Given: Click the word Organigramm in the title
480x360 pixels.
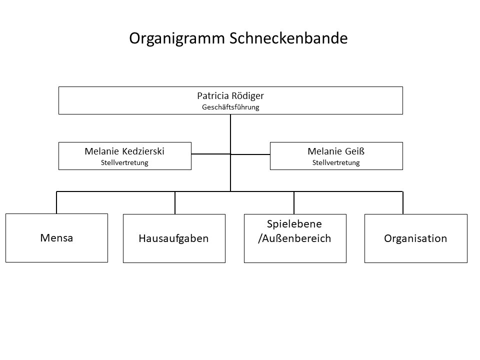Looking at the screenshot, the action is [x=177, y=39].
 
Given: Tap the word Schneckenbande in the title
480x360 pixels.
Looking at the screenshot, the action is [x=288, y=38].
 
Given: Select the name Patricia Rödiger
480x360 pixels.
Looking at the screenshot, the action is [x=230, y=96].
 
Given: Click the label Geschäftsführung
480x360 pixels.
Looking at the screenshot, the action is [x=230, y=107].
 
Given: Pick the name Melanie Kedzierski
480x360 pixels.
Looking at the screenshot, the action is [x=124, y=151].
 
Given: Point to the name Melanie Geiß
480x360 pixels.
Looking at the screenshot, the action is [x=336, y=151].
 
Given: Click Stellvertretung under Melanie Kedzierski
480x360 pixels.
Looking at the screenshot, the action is [x=124, y=162].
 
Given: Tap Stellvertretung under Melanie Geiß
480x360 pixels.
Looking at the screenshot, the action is [x=336, y=162].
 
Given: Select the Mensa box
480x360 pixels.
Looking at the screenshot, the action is [x=56, y=238].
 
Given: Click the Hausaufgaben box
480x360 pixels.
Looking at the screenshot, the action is [x=174, y=238].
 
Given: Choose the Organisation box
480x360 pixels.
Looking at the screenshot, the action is [x=416, y=238].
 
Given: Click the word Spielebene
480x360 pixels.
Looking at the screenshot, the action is [x=294, y=224].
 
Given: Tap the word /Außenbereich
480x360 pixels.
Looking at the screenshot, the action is [x=294, y=238].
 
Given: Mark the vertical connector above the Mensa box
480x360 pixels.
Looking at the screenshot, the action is [x=56, y=202].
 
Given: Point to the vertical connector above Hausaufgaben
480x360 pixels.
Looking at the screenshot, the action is [x=175, y=202].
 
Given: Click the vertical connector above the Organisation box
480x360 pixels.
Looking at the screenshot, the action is [x=403, y=202].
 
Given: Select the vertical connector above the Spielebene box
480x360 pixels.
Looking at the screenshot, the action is [x=294, y=202].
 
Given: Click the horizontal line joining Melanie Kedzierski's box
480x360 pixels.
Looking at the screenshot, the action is [x=211, y=154].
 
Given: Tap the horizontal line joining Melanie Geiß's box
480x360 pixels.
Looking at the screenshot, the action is [x=250, y=154].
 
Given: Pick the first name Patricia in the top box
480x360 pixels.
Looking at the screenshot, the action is [x=213, y=96].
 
